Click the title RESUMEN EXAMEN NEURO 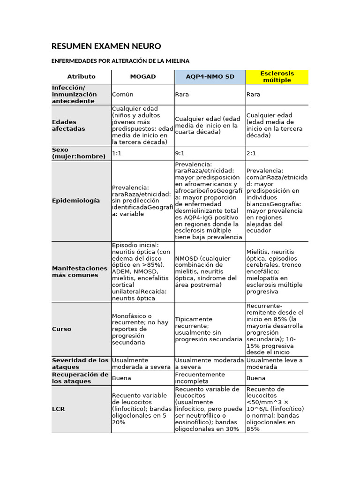click(106, 46)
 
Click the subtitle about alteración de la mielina click(120, 61)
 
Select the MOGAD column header click(143, 76)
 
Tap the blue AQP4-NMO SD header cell click(210, 76)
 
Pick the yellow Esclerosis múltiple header click(277, 76)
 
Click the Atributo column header click(81, 76)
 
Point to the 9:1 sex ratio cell click(180, 153)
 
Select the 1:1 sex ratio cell click(117, 153)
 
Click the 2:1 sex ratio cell click(251, 153)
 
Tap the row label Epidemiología click(75, 201)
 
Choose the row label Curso click(61, 329)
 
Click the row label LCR click(59, 409)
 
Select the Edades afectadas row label click(68, 126)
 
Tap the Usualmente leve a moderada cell click(274, 363)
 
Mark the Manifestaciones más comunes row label click(79, 271)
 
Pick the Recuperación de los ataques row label click(80, 378)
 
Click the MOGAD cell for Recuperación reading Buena click(121, 378)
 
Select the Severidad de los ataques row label click(80, 363)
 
